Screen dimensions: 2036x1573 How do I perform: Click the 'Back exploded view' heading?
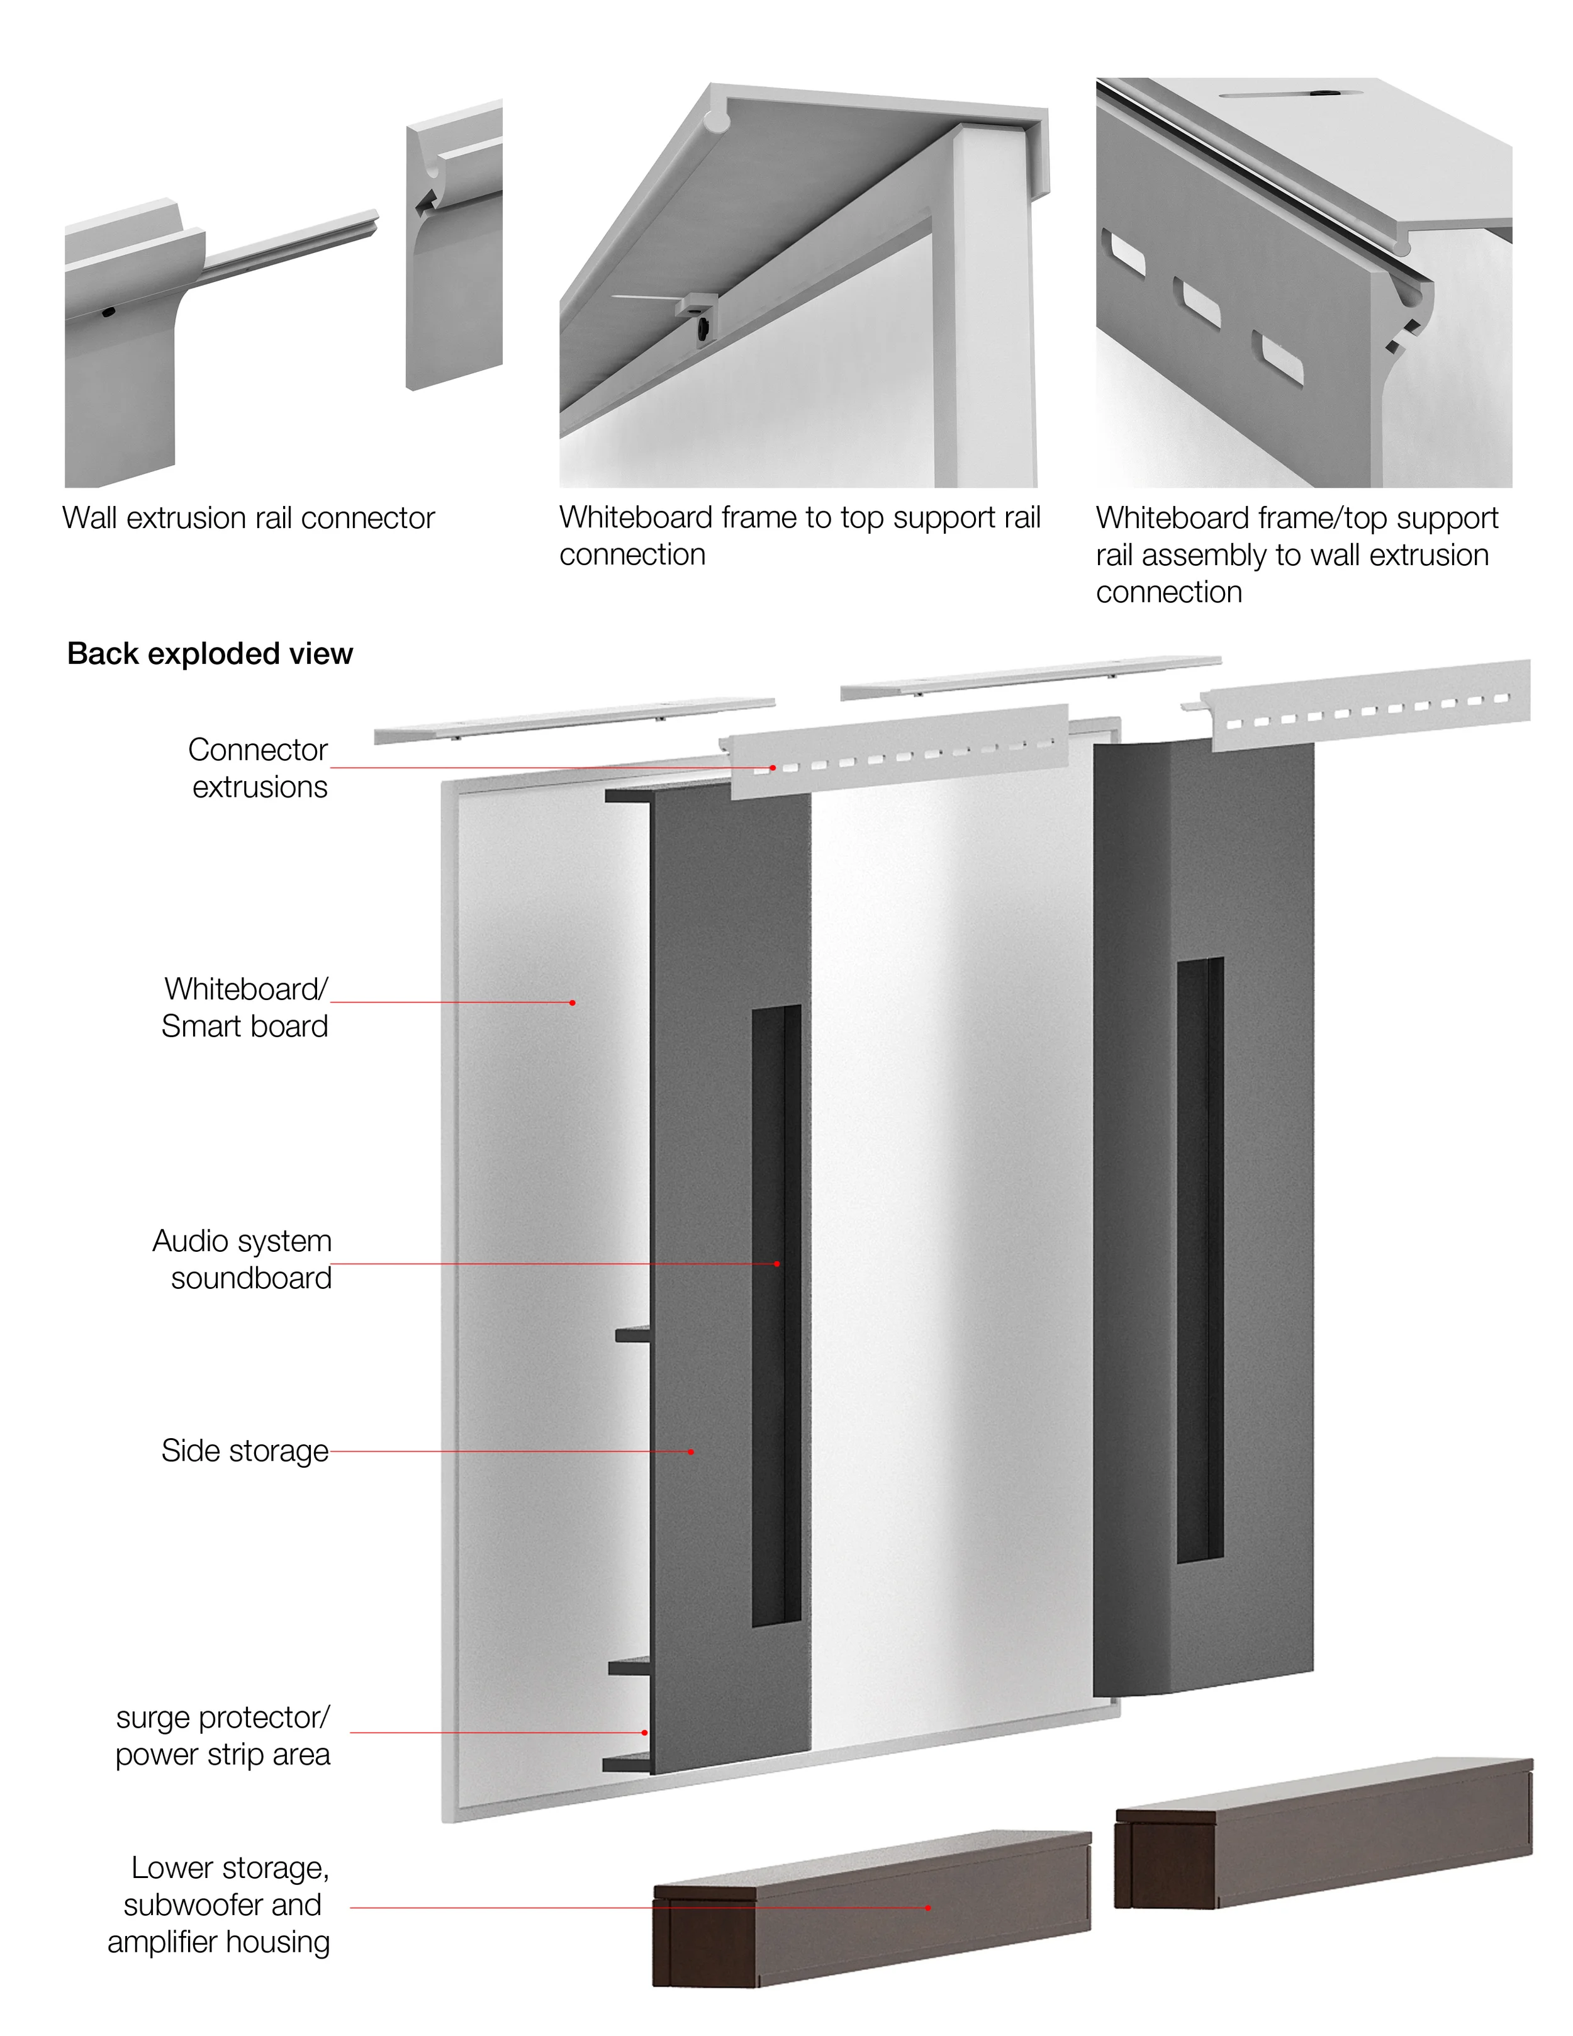pos(210,653)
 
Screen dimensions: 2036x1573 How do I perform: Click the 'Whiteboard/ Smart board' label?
pos(245,1007)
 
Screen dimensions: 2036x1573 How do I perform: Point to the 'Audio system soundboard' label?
pos(242,1259)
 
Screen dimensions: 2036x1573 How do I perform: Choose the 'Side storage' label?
pos(244,1451)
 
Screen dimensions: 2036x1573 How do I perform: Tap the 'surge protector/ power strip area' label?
pos(223,1735)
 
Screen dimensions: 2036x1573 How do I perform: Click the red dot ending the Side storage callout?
pos(690,1451)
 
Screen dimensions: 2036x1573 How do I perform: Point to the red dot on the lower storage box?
pos(927,1908)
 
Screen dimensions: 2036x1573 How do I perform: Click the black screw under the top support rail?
pos(701,326)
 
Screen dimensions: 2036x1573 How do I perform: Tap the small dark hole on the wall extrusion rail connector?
pos(109,312)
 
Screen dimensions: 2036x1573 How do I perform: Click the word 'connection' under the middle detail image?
pos(632,554)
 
